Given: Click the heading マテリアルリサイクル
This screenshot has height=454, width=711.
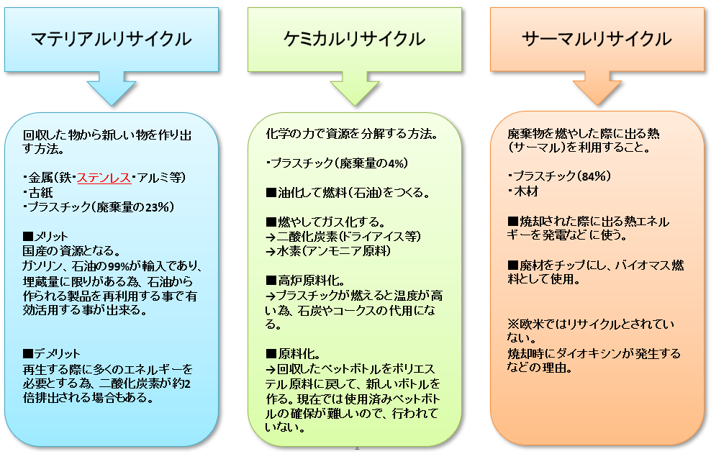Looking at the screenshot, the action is (x=111, y=39).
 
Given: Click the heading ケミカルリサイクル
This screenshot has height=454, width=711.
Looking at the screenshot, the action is (x=354, y=39).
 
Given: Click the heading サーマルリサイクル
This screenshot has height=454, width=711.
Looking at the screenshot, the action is (x=597, y=39).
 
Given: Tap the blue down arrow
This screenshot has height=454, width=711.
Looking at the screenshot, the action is (x=111, y=90).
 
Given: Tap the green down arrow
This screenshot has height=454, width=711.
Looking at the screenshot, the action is (x=355, y=90).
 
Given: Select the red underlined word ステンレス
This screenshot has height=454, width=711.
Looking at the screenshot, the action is (x=104, y=177).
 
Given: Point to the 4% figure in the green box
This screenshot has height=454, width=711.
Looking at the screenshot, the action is (x=396, y=163).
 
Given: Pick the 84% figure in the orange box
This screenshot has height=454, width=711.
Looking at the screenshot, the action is (x=593, y=176).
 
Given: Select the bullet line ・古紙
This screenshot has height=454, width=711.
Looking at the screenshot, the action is (x=38, y=192).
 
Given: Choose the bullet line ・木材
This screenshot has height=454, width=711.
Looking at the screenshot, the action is (x=523, y=191).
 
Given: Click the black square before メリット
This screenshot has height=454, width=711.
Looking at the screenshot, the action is (x=28, y=236).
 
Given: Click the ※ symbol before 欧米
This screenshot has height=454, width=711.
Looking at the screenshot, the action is (x=513, y=324).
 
